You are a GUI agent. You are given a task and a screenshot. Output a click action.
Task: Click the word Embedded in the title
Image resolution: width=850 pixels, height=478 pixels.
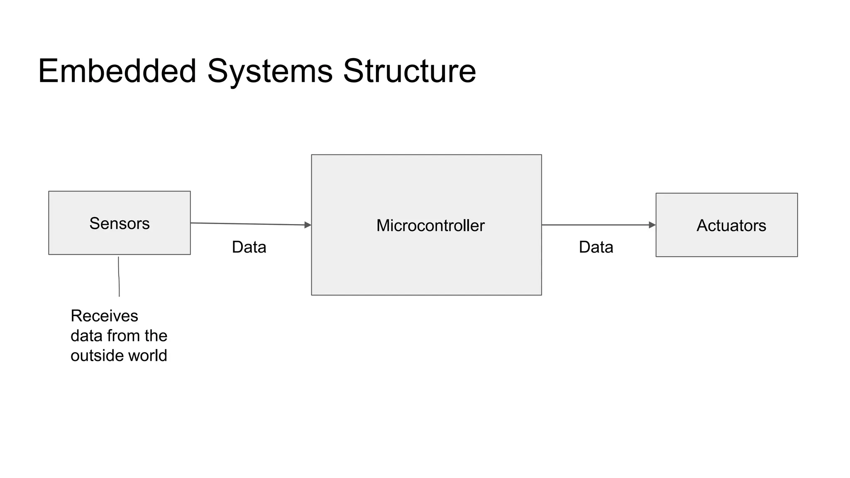point(117,71)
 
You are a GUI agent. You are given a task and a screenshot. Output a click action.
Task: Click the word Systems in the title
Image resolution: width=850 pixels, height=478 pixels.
point(270,71)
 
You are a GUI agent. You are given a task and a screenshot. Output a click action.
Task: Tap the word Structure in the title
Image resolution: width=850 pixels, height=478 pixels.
point(409,71)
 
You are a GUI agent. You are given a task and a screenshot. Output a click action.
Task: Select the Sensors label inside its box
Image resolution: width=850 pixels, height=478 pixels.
point(120,224)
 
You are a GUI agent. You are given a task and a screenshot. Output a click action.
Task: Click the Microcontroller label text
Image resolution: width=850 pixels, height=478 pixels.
point(430,226)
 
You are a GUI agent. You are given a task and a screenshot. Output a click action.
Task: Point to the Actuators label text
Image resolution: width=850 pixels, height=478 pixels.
point(731,226)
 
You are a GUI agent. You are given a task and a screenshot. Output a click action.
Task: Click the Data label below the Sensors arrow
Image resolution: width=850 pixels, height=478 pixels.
point(249,247)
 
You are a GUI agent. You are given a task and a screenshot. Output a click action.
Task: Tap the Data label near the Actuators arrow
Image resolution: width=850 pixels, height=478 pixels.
point(596,247)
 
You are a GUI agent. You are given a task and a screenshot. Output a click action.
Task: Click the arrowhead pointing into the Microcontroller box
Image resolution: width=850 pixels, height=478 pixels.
point(308,225)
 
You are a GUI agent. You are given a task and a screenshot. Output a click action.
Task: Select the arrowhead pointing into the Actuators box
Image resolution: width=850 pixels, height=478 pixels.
point(652,225)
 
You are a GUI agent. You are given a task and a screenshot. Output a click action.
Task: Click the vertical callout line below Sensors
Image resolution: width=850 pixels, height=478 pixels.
point(119,276)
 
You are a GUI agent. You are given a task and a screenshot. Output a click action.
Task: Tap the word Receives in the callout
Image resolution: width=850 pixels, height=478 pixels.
point(104,316)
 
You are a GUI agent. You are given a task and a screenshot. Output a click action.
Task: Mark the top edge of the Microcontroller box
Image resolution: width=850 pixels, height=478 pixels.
point(426,155)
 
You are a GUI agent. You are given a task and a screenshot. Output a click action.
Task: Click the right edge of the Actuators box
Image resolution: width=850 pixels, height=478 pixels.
point(797,225)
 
